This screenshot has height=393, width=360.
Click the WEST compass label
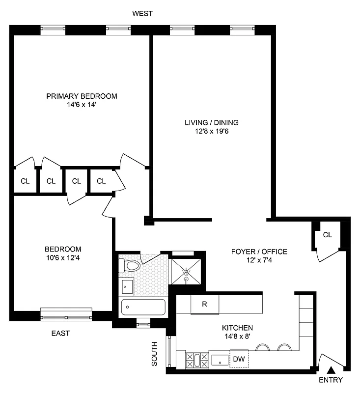pyautogui.click(x=142, y=14)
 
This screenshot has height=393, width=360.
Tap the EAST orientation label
pyautogui.click(x=60, y=333)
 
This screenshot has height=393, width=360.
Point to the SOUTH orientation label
pyautogui.click(x=154, y=354)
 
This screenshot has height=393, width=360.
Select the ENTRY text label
pyautogui.click(x=331, y=380)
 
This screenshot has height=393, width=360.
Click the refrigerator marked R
pyautogui.click(x=204, y=304)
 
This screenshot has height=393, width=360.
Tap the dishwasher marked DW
pyautogui.click(x=239, y=359)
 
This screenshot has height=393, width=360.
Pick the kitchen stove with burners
pyautogui.click(x=196, y=360)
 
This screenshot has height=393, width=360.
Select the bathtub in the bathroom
pyautogui.click(x=143, y=308)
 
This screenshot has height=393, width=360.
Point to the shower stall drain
pyautogui.click(x=187, y=280)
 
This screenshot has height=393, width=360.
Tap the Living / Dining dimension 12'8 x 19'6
pyautogui.click(x=212, y=131)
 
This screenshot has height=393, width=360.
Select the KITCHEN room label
pyautogui.click(x=237, y=328)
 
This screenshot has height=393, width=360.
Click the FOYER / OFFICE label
pyautogui.click(x=259, y=252)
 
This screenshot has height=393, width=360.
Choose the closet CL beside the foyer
pyautogui.click(x=327, y=235)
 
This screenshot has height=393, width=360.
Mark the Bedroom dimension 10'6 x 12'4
pyautogui.click(x=63, y=257)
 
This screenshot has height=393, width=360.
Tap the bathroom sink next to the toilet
pyautogui.click(x=127, y=286)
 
